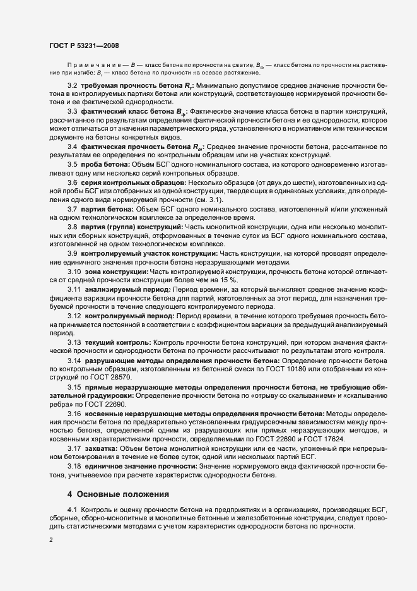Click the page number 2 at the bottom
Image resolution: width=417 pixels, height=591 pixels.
tap(51, 539)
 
